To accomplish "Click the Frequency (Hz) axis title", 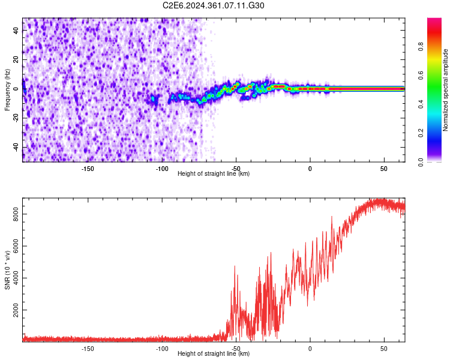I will point(7,89).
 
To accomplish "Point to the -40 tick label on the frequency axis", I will point(16,147).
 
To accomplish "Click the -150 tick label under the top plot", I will point(88,168).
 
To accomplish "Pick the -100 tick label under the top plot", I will point(162,168).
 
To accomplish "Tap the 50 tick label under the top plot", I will point(383,168).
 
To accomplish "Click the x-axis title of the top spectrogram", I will point(214,174).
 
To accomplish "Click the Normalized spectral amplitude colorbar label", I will point(446,90).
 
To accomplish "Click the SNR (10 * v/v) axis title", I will point(7,269).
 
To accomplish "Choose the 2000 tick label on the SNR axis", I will point(16,313).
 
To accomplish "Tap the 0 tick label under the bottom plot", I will point(310,348).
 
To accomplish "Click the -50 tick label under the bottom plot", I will point(236,348).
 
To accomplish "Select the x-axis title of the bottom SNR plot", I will point(214,354).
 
